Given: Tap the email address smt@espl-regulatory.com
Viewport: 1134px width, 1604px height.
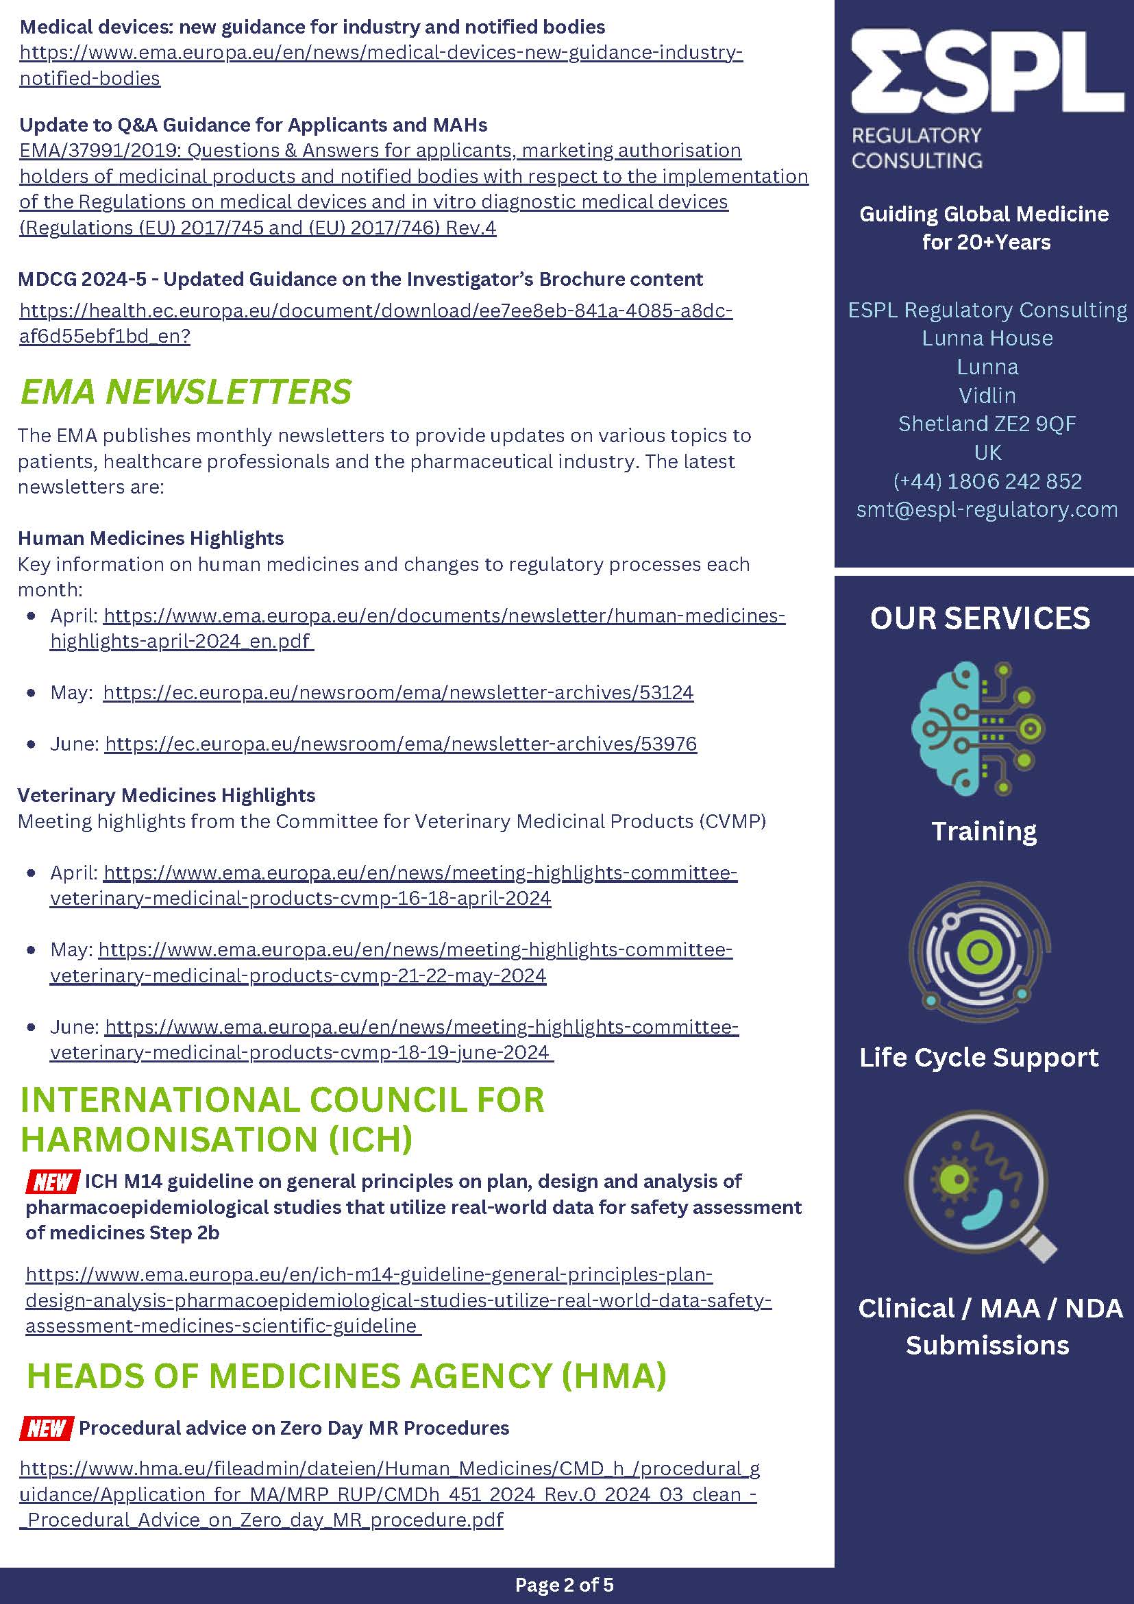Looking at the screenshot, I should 987,509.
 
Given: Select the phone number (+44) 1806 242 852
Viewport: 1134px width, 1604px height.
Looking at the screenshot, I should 987,481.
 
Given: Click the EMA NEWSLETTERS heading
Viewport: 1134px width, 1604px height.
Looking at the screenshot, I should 186,391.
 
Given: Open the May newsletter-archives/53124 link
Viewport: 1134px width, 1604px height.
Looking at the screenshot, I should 398,692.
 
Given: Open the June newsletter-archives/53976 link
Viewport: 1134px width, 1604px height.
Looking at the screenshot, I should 401,743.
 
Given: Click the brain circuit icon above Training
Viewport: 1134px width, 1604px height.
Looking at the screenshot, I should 978,728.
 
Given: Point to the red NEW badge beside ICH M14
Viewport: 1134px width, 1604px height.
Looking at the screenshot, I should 52,1181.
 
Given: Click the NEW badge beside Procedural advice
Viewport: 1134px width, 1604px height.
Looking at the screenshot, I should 46,1427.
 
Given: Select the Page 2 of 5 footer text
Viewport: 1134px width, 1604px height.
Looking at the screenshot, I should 564,1584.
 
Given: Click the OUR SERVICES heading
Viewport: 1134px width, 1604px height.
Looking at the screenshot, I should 980,618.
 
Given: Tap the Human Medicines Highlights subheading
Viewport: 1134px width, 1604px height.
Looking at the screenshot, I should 151,538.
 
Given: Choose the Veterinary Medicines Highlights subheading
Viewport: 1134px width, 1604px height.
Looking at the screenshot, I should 167,795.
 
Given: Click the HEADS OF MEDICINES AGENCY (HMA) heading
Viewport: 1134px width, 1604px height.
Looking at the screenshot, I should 346,1376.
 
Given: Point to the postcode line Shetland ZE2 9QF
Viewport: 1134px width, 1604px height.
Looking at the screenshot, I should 987,424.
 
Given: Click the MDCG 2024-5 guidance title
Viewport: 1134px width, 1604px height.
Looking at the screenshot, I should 360,280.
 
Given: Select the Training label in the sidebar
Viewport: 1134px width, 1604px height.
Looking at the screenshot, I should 984,831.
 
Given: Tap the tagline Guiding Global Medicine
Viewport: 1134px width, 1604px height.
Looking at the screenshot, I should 984,214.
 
